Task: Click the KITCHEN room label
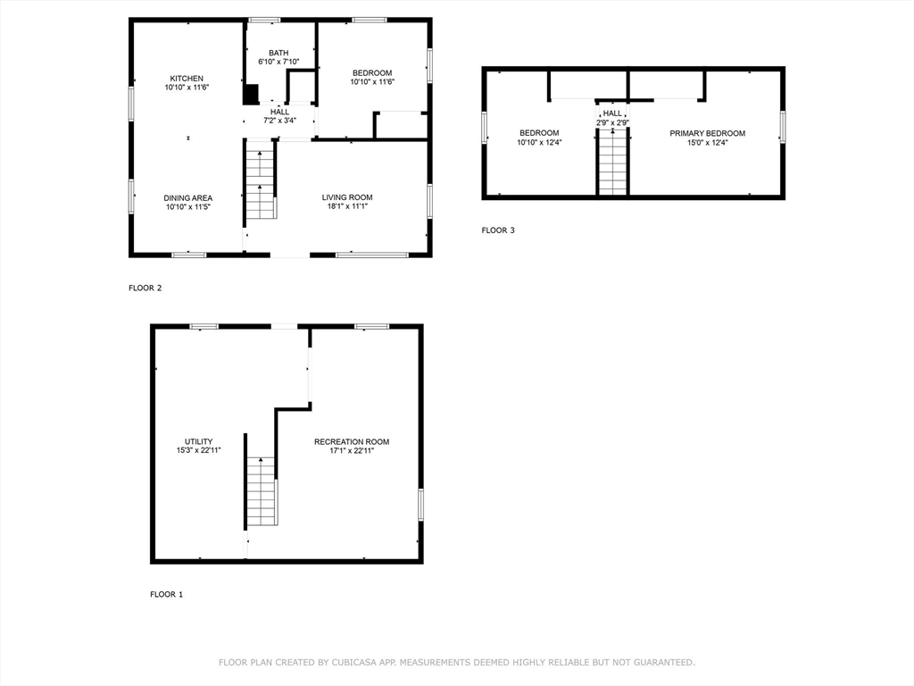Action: (x=187, y=79)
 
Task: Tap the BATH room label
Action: (x=278, y=53)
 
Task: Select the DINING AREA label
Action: (x=187, y=198)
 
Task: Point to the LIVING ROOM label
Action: (x=347, y=197)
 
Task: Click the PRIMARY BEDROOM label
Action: (x=707, y=133)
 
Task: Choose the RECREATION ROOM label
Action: (x=351, y=441)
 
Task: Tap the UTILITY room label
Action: (x=198, y=441)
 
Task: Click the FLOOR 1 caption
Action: (x=166, y=594)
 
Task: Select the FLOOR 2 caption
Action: (x=145, y=288)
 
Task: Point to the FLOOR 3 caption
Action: (x=498, y=230)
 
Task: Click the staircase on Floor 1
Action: (x=261, y=491)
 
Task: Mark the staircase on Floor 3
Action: (x=612, y=162)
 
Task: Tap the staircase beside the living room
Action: (x=260, y=184)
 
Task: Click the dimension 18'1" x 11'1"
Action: (x=347, y=206)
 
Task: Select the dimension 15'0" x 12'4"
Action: (x=707, y=142)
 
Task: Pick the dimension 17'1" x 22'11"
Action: (x=351, y=451)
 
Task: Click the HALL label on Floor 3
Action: (x=612, y=113)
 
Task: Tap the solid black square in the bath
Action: (x=251, y=94)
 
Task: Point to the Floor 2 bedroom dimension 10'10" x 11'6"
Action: (x=372, y=82)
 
